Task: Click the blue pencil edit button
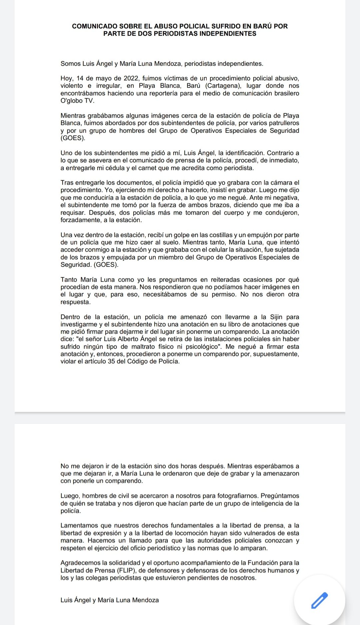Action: coord(319,601)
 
